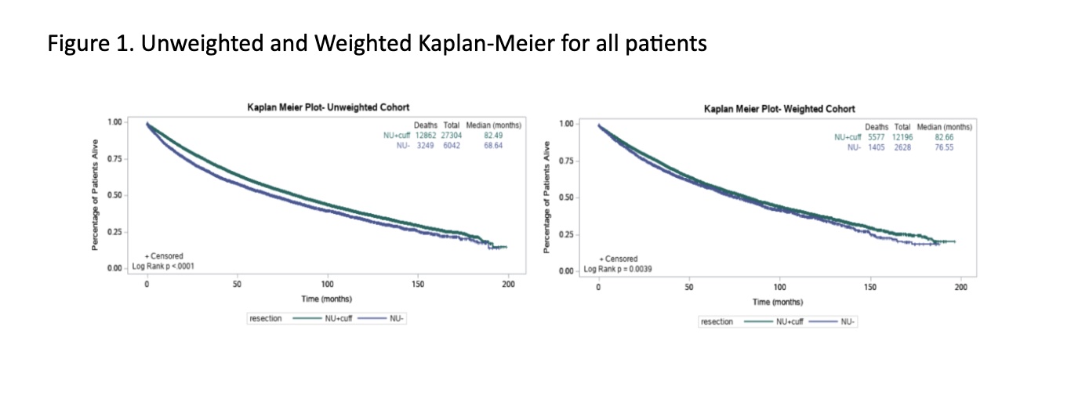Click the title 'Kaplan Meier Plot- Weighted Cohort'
pos(779,109)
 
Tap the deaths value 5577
pos(876,136)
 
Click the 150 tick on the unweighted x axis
pos(418,284)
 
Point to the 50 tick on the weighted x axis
pos(688,287)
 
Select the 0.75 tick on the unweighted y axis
pos(114,158)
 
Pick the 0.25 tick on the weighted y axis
pos(566,234)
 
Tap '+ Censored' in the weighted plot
pos(618,259)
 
